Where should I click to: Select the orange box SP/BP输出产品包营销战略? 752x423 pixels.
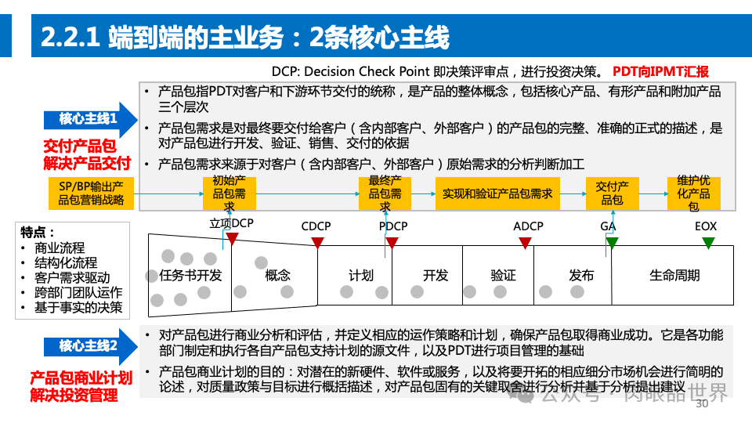(x=91, y=193)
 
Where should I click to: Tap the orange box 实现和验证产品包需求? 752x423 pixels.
(x=497, y=193)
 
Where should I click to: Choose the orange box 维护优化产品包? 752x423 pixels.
(x=693, y=193)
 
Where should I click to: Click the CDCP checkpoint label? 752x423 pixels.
(x=316, y=226)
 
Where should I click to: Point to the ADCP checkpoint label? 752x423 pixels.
(x=528, y=226)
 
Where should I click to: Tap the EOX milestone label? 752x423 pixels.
(x=706, y=226)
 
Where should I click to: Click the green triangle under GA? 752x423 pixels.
(x=611, y=242)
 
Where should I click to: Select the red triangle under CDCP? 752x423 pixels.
(x=317, y=242)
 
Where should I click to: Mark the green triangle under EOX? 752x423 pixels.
(x=707, y=243)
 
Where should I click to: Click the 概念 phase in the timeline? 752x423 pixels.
(x=277, y=275)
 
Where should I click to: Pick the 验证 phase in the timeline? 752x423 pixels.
(x=503, y=275)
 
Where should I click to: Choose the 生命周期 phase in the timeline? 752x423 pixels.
(x=674, y=275)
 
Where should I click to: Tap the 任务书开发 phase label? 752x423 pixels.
(x=190, y=275)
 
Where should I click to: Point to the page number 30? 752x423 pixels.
(x=701, y=404)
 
